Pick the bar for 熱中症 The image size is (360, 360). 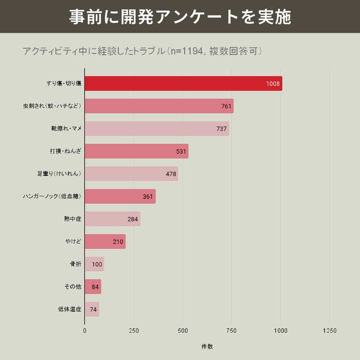(112, 219)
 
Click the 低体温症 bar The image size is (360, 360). (92, 309)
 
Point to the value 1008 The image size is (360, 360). (273, 84)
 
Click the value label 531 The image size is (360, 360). (181, 152)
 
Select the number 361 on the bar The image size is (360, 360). (148, 197)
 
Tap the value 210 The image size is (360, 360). (118, 242)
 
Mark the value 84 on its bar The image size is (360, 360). (95, 287)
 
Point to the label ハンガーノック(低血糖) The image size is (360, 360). (52, 197)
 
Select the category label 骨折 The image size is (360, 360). (75, 264)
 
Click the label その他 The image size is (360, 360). (73, 287)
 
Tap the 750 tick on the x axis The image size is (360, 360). (232, 331)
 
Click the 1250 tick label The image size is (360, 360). (329, 331)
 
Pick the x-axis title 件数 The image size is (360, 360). (207, 346)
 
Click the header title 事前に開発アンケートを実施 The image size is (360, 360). (180, 17)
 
